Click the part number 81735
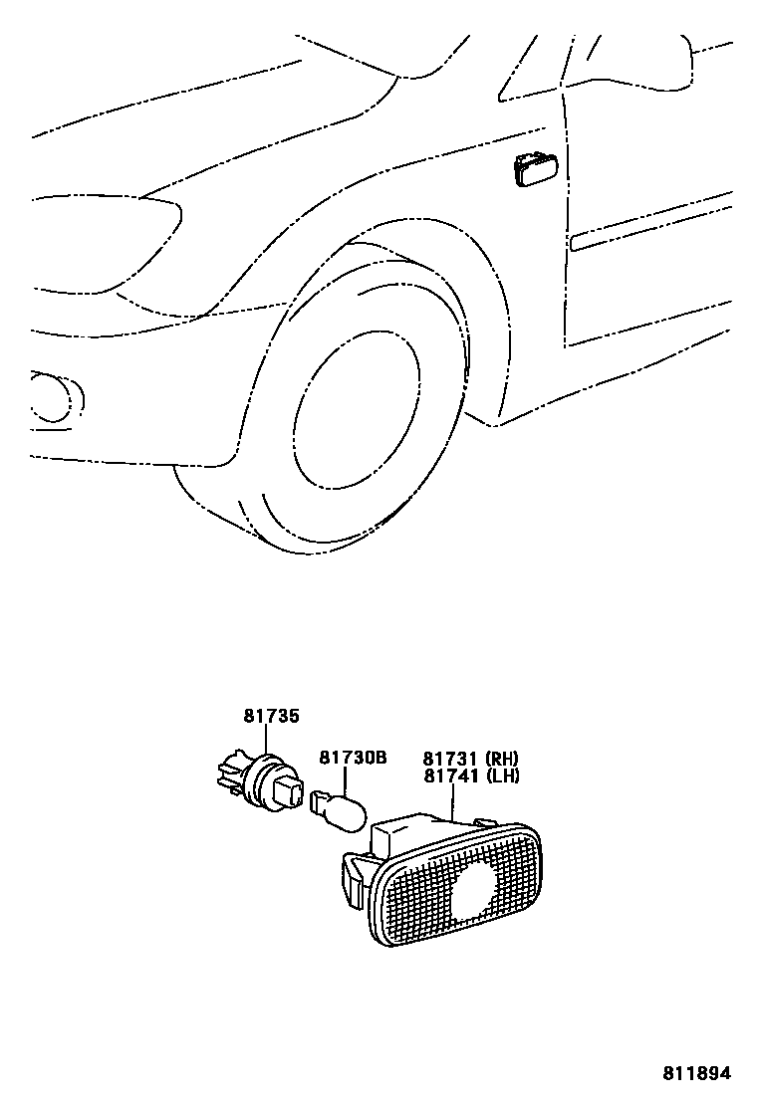click(x=271, y=715)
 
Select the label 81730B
click(x=352, y=759)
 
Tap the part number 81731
click(x=451, y=759)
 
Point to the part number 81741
click(x=451, y=775)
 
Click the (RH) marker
click(x=502, y=759)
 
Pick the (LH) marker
click(x=502, y=775)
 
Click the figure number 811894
click(x=697, y=1073)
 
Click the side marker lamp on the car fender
click(x=536, y=170)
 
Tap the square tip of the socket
click(x=291, y=793)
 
